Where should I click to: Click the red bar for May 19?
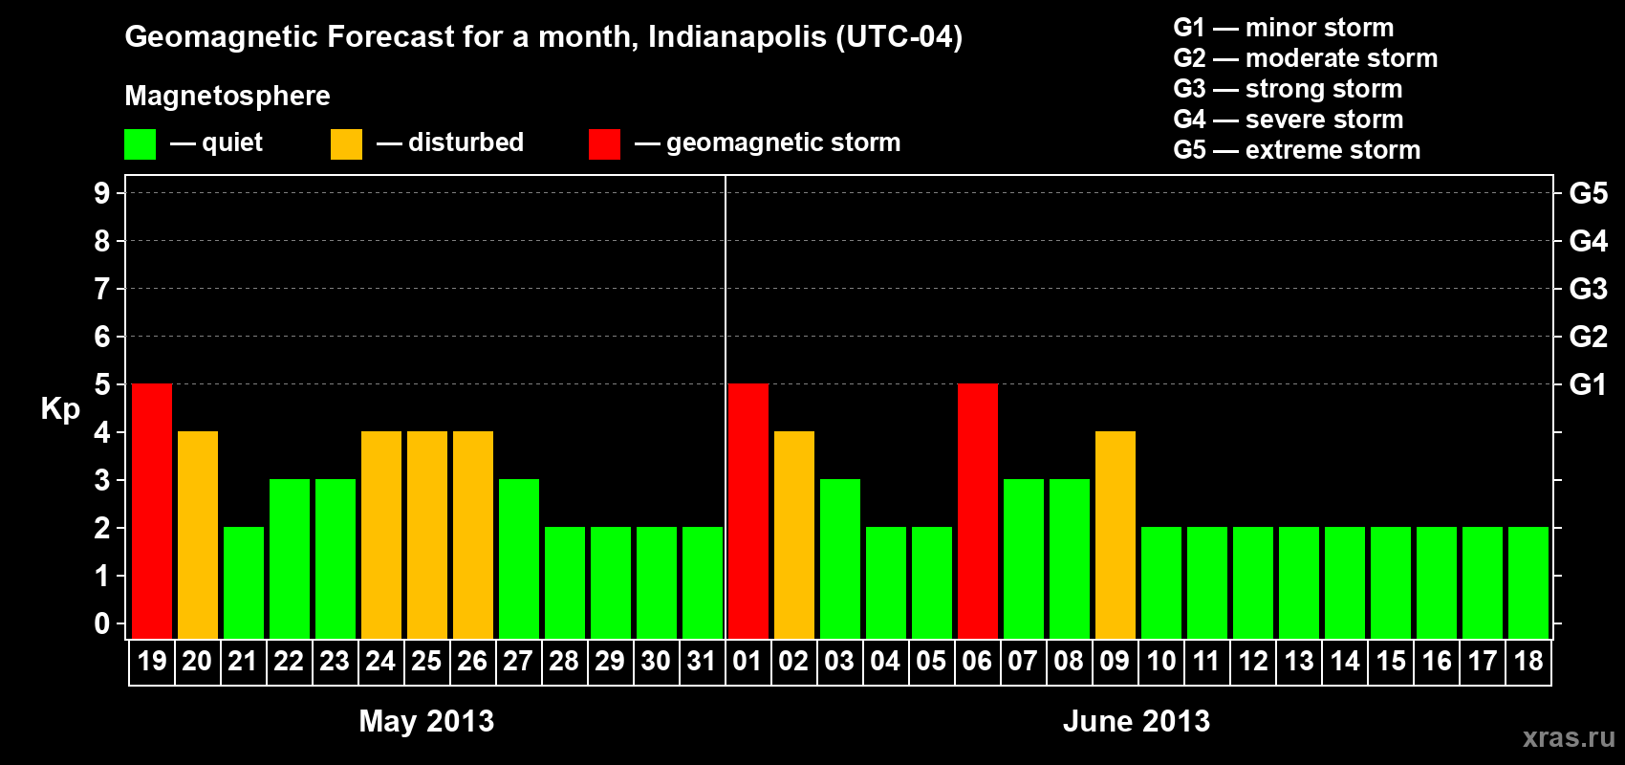152,511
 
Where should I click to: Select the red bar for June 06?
978,511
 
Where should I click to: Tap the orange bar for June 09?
1116,535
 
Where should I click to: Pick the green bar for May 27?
519,558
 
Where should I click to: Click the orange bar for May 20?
198,535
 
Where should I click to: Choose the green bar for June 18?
1528,582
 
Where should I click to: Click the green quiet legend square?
140,144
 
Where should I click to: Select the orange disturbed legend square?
346,144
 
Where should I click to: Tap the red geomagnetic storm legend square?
604,144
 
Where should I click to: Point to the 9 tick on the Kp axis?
102,193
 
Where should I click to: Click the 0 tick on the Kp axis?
102,623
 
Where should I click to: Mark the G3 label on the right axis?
1588,289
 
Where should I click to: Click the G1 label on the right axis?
1588,384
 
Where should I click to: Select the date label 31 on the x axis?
702,661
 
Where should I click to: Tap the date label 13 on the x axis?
1299,661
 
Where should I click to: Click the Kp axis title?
60,409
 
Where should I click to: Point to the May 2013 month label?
426,721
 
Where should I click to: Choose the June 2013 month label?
1137,721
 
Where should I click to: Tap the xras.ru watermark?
1569,737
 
